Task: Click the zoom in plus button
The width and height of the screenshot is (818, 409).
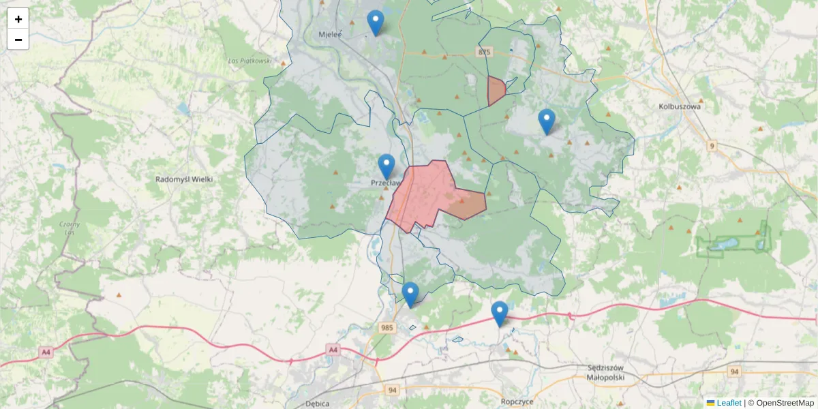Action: (18, 18)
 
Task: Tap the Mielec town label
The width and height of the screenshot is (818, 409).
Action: (330, 33)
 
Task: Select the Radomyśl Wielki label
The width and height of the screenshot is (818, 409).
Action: (185, 179)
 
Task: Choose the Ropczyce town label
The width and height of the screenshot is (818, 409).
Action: (517, 402)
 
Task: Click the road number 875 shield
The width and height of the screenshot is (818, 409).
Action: (485, 52)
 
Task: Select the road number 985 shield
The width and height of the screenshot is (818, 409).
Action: (387, 328)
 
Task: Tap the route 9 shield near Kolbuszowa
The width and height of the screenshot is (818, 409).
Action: (712, 145)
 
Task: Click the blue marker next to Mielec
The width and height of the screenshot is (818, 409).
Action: (376, 22)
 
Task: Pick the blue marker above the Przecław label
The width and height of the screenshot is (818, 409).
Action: (387, 166)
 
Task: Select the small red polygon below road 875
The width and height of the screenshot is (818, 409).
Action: (496, 91)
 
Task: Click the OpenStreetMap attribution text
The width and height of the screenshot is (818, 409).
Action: (785, 403)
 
